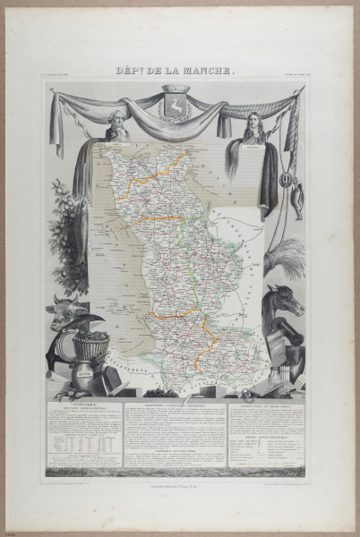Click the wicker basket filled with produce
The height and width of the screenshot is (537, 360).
click(91, 347)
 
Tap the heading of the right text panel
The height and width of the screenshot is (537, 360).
click(266, 405)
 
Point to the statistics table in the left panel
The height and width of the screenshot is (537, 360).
click(82, 445)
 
